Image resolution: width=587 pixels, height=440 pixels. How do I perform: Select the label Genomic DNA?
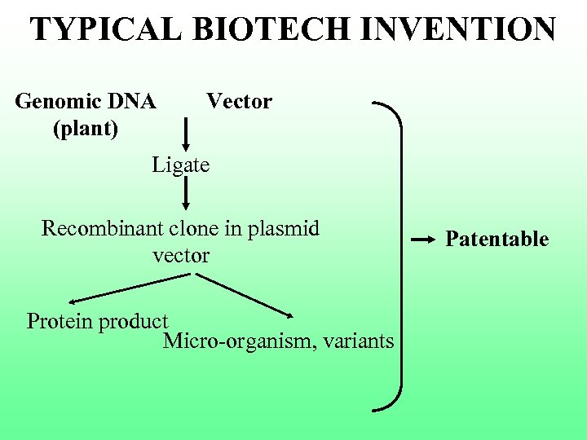(x=86, y=102)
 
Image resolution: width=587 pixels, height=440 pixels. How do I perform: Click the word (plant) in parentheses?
(x=86, y=128)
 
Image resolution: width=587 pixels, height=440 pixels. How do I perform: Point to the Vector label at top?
(x=239, y=102)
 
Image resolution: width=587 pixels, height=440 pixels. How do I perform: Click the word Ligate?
(x=180, y=165)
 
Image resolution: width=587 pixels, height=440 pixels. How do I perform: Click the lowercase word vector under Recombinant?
(x=181, y=255)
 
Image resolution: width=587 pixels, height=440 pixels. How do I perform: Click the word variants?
(x=358, y=341)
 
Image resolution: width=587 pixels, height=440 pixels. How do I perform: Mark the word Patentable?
(x=497, y=239)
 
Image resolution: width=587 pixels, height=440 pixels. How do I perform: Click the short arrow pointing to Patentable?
(x=421, y=241)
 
